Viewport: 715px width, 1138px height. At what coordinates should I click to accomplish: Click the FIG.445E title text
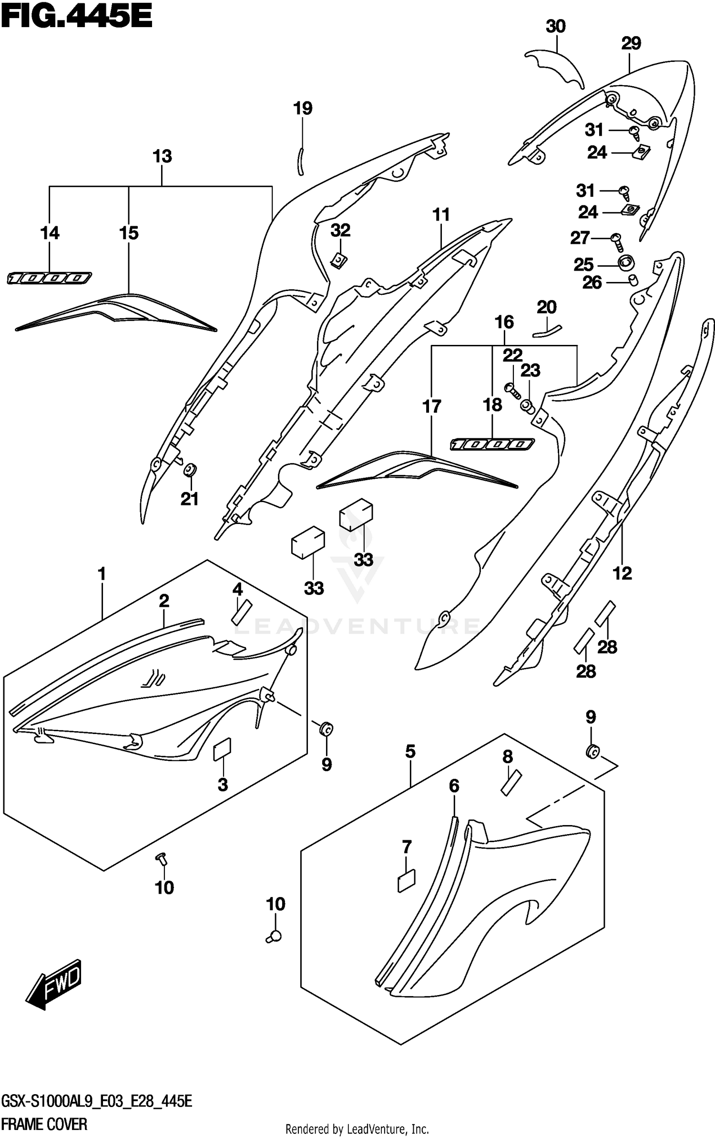[76, 18]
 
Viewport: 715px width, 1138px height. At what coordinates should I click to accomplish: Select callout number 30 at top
[555, 27]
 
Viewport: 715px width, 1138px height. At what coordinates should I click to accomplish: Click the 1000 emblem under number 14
[50, 278]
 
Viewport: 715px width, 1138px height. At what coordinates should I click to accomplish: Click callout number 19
[303, 109]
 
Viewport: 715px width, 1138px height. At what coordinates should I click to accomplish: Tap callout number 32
[340, 231]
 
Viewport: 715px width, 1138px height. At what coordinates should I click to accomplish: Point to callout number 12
[622, 574]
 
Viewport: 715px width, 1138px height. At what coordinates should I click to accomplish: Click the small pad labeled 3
[222, 751]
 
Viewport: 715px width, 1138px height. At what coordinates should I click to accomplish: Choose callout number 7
[406, 847]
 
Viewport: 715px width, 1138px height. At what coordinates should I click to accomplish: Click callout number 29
[631, 44]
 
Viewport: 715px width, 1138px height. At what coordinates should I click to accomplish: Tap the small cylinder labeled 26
[633, 280]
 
